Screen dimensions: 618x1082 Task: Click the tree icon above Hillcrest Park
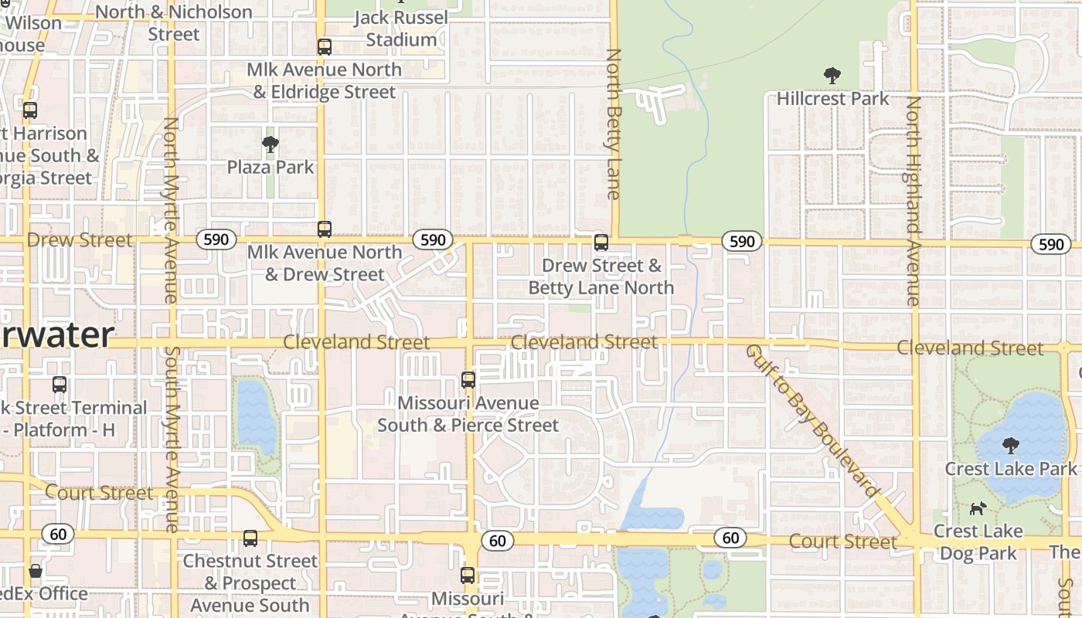point(832,76)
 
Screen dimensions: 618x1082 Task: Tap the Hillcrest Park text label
point(832,99)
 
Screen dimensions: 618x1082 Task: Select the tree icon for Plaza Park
point(270,144)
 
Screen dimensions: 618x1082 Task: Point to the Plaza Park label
point(270,167)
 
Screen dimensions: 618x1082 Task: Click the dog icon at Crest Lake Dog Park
point(978,508)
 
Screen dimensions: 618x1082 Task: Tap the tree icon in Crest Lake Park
point(1010,446)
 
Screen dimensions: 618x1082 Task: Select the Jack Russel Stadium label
point(401,29)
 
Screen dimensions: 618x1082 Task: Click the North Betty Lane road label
point(614,124)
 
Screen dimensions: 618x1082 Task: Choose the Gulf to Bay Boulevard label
point(812,421)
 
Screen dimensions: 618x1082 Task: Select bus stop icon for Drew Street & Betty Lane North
point(601,243)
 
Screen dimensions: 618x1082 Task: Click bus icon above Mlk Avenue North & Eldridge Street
point(325,47)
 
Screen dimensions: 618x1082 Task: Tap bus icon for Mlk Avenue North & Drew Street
point(325,229)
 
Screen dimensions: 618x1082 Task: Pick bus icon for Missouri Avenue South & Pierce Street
point(468,380)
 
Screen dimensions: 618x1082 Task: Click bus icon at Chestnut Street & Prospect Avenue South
point(250,538)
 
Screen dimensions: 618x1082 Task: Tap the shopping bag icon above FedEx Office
point(36,572)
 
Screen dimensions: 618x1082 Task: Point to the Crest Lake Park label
point(1010,469)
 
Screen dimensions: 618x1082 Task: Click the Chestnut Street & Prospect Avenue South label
point(250,583)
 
